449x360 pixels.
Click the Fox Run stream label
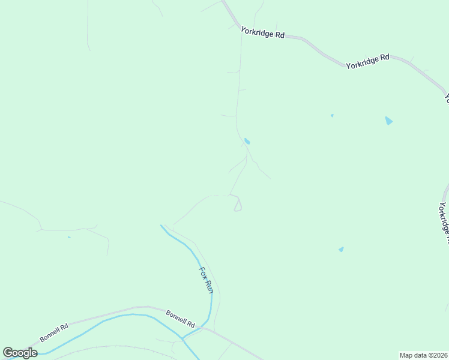click(x=206, y=280)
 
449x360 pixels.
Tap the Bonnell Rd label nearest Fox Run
click(x=181, y=319)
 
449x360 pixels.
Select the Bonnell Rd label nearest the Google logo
click(x=55, y=332)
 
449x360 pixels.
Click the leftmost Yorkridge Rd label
click(x=262, y=32)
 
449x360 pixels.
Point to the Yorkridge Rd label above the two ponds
click(x=367, y=61)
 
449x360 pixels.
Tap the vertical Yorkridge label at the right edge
click(x=443, y=222)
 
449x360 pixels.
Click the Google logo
click(x=20, y=353)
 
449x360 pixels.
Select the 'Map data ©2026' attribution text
click(x=424, y=355)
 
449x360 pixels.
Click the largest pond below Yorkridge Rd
click(x=388, y=121)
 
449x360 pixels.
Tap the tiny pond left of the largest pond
click(x=332, y=115)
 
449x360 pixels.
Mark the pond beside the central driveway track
click(x=247, y=142)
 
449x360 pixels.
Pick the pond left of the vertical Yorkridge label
click(x=341, y=249)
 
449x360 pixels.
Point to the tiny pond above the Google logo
click(x=69, y=237)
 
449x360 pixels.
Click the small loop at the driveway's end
click(x=238, y=205)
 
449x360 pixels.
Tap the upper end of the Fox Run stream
click(x=161, y=226)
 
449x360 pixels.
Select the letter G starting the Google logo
click(x=8, y=353)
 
